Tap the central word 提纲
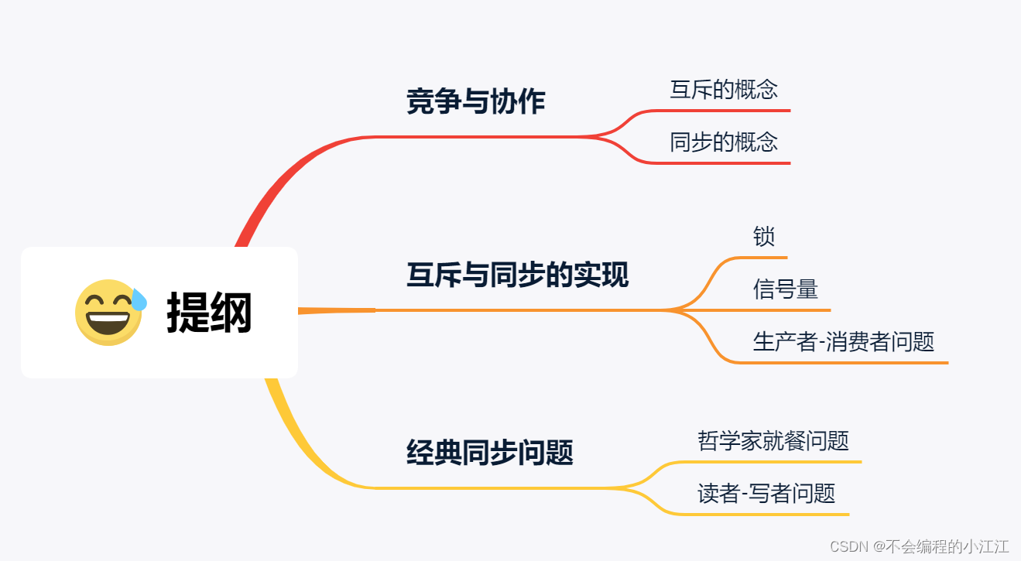pos(209,313)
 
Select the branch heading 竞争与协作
pos(475,102)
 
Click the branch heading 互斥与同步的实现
pos(517,275)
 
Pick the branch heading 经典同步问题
pos(489,452)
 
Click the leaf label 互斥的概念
pos(724,89)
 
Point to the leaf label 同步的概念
pos(724,142)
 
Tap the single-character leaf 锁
pos(763,237)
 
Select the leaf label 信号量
pos(785,289)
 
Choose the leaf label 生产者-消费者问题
pos(844,341)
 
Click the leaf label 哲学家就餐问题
pos(773,441)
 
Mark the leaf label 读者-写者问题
pos(766,494)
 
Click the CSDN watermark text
pos(919,546)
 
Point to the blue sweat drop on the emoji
pos(139,299)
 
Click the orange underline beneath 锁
pos(766,257)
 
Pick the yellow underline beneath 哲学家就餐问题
pos(774,462)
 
